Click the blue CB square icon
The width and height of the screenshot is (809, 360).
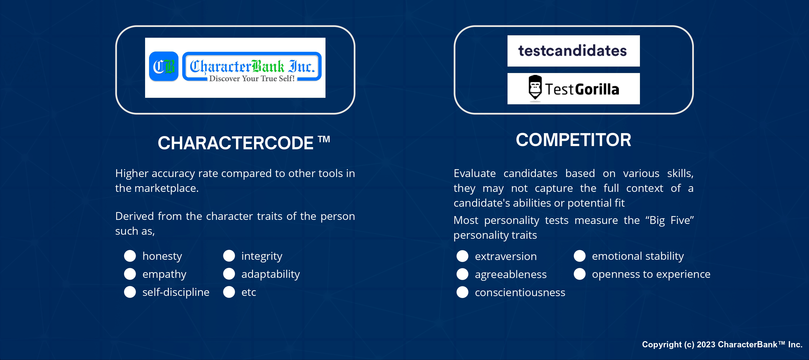click(164, 67)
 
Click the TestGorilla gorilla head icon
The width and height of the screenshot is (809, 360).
click(535, 88)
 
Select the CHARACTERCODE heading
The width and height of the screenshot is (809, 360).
click(244, 143)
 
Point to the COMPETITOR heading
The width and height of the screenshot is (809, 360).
click(574, 140)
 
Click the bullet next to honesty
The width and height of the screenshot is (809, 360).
click(130, 256)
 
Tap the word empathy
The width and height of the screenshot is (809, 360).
click(164, 274)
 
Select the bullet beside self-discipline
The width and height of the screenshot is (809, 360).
click(130, 292)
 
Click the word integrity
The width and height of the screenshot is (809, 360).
click(262, 256)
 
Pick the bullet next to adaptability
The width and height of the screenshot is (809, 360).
click(229, 274)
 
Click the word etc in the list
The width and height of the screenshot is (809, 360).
click(248, 292)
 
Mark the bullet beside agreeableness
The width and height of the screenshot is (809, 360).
click(462, 274)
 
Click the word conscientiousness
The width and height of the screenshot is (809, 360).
click(520, 292)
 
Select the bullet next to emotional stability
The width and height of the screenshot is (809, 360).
click(580, 256)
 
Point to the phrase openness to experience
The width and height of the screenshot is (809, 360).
click(651, 274)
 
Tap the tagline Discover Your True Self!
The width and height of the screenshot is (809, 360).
click(252, 78)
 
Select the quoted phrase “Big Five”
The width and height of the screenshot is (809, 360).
click(670, 220)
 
